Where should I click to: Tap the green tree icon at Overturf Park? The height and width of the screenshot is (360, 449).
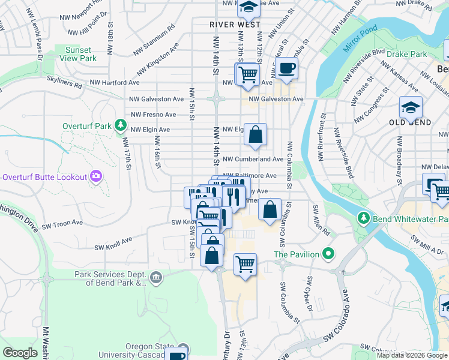[121, 125]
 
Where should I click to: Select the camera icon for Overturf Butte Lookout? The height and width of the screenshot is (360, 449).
[95, 176]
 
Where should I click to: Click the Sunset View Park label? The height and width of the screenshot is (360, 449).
[79, 54]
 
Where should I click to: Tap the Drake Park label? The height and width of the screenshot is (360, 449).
[407, 54]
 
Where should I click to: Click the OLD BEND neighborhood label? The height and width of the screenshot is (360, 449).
[410, 122]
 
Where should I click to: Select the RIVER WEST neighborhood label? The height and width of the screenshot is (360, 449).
[235, 25]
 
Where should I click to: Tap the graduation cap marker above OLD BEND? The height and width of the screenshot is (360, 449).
[411, 108]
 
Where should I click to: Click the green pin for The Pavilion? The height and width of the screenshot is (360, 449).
[328, 254]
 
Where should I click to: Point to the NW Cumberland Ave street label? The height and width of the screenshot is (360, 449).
[253, 160]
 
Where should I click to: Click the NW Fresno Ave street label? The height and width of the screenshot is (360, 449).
[153, 114]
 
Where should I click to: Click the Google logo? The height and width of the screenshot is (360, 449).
[20, 353]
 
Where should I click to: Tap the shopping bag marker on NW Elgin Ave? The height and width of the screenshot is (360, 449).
[255, 135]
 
